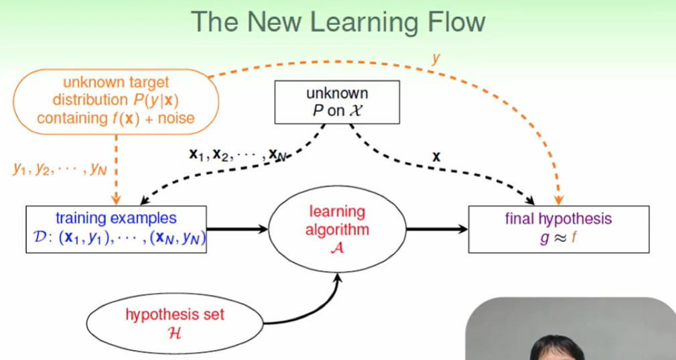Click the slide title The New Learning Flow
pyautogui.click(x=338, y=21)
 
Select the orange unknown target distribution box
pyautogui.click(x=115, y=101)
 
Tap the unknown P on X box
pyautogui.click(x=337, y=102)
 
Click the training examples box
pyautogui.click(x=116, y=229)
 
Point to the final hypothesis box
pyautogui.click(x=558, y=229)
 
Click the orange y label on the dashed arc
pyautogui.click(x=435, y=58)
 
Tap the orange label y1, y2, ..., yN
pyautogui.click(x=60, y=168)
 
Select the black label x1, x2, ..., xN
pyautogui.click(x=237, y=155)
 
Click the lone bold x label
pyautogui.click(x=436, y=157)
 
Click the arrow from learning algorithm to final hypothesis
pyautogui.click(x=437, y=229)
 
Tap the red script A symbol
pyautogui.click(x=337, y=247)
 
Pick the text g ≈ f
pyautogui.click(x=558, y=238)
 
